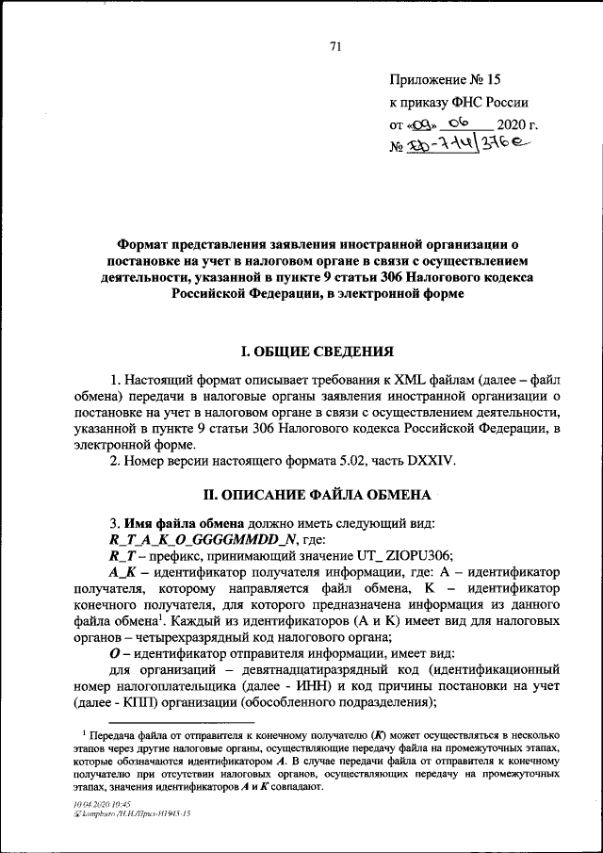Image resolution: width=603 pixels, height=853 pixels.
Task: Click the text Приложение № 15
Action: click(x=438, y=83)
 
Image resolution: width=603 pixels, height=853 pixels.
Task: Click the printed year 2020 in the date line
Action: click(x=513, y=124)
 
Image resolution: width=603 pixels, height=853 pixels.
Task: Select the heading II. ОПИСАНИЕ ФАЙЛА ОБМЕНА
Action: click(x=318, y=494)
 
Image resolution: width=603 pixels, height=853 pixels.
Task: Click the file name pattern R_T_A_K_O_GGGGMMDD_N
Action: click(x=204, y=538)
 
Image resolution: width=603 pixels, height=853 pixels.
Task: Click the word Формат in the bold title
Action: click(x=142, y=242)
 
